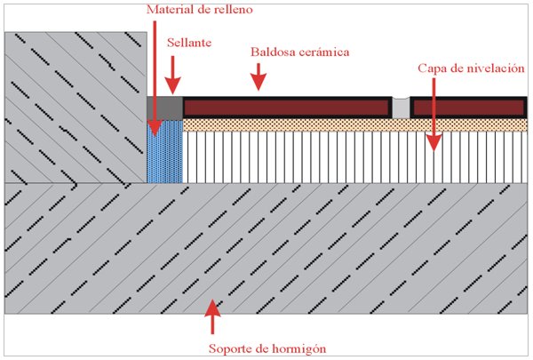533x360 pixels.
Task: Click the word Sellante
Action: coord(189,43)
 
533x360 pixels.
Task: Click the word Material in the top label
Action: coord(167,9)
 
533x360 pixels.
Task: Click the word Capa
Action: coord(431,68)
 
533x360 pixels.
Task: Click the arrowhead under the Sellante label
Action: coord(172,85)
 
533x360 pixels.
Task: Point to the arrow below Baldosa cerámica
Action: coord(259,76)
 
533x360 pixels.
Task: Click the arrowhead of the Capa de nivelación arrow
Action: coord(434,143)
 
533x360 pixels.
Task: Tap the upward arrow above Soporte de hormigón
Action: coord(212,316)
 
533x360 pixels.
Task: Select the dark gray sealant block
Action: coord(164,108)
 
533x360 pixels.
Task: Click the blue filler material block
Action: coord(164,151)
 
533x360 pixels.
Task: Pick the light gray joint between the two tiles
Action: coord(401,108)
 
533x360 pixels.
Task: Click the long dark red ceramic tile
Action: coord(286,108)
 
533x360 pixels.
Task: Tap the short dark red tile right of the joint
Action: coord(469,108)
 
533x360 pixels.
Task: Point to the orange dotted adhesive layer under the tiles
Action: coord(354,124)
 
